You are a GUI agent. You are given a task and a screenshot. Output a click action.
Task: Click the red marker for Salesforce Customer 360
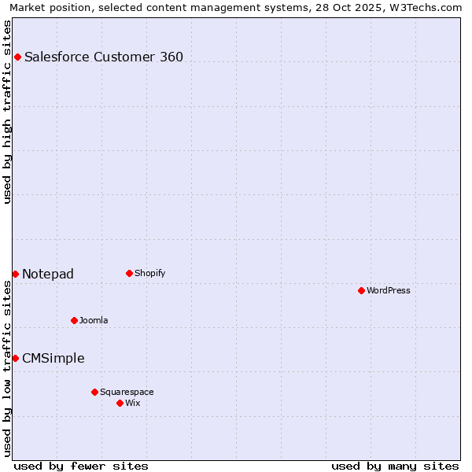17,57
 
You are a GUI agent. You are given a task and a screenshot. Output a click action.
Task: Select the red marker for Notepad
15,274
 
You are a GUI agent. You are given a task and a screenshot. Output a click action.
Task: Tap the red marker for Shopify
129,273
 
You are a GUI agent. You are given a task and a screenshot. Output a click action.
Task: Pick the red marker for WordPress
361,290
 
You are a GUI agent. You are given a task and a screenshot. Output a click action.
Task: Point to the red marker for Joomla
74,320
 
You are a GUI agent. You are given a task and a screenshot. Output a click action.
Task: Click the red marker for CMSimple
15,358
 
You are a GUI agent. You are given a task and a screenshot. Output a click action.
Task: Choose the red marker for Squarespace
94,392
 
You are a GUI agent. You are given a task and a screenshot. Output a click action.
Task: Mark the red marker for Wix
120,403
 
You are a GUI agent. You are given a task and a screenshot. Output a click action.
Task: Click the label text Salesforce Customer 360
104,57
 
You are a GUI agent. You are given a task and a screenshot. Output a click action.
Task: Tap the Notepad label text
48,274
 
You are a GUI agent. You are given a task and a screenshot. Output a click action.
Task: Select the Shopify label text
149,273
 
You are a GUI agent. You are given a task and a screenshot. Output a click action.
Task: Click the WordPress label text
389,290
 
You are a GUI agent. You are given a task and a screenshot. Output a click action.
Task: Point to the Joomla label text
94,320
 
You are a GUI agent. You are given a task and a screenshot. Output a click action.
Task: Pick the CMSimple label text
53,358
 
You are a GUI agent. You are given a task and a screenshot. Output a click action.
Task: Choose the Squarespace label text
127,392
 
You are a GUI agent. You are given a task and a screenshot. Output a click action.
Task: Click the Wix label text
133,403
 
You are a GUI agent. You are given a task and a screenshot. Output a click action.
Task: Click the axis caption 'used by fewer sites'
81,466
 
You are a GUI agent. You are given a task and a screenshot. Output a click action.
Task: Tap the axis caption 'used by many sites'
395,466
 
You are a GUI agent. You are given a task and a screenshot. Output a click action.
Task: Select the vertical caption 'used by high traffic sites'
7,112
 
